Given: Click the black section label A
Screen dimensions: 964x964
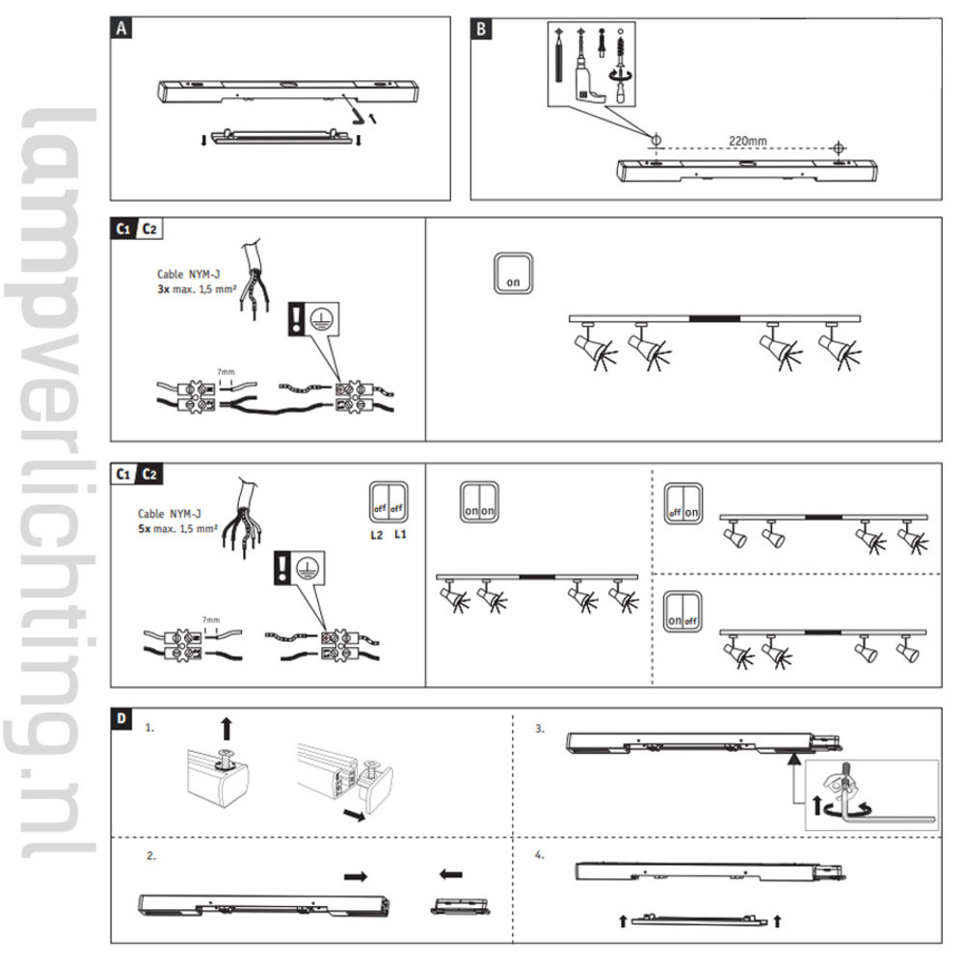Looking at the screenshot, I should coord(121,28).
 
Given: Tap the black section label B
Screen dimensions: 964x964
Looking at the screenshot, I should coord(483,28).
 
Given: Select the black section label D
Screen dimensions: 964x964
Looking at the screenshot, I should coord(121,718).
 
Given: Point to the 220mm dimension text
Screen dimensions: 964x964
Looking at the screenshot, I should coord(747,141).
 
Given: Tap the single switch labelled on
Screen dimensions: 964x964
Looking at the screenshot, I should coord(512,275).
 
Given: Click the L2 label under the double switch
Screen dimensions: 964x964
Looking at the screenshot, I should coord(375,533).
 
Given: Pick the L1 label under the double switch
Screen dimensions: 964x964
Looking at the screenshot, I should coord(400,533).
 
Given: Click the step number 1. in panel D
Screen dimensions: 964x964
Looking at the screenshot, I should coord(149,729).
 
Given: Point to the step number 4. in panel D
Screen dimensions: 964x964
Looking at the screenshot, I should coord(539,854).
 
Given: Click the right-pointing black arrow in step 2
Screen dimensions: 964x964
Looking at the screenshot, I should coord(356,875).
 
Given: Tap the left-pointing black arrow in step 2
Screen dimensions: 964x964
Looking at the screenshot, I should coord(450,875).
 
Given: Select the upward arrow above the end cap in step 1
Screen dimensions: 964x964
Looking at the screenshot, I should coord(226,726).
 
